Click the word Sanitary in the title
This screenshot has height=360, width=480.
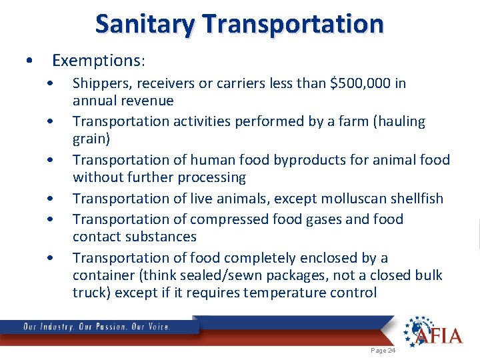pyautogui.click(x=146, y=24)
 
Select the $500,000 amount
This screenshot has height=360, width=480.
pyautogui.click(x=364, y=83)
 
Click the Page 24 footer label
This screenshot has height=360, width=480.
pyautogui.click(x=383, y=350)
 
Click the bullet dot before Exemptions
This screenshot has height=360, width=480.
pyautogui.click(x=29, y=61)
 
